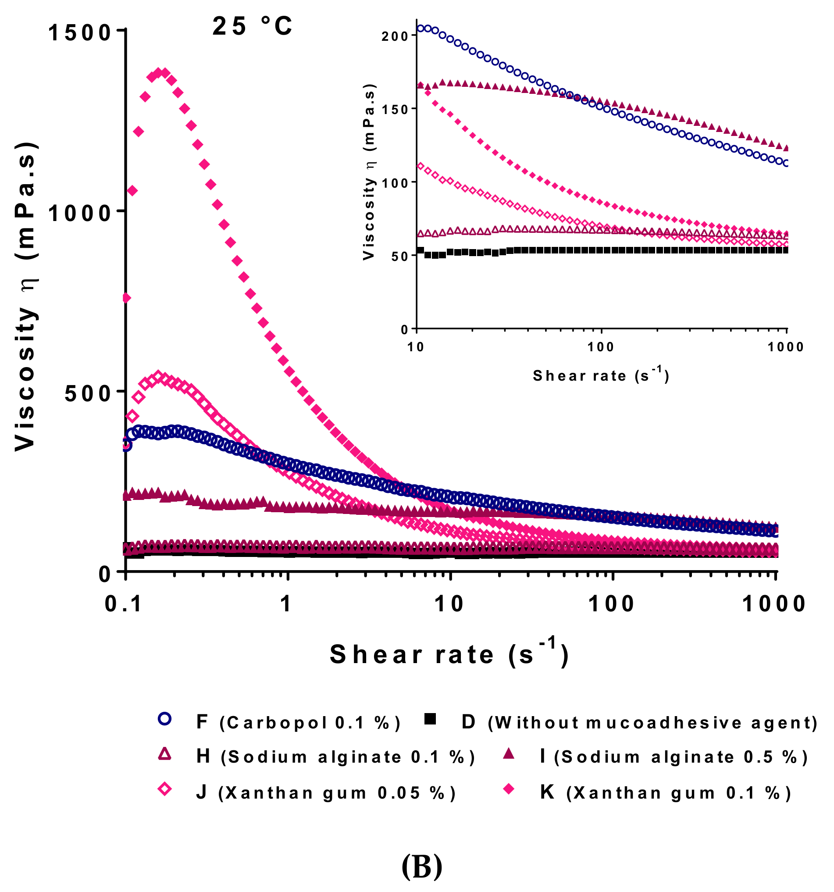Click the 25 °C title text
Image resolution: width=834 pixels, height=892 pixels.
(252, 26)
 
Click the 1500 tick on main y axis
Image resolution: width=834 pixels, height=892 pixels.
(79, 33)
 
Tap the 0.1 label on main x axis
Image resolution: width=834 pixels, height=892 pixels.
(123, 604)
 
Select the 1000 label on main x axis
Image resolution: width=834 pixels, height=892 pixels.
(774, 604)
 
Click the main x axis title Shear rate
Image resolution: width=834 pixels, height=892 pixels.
(449, 654)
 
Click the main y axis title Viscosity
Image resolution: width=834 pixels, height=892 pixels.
(25, 296)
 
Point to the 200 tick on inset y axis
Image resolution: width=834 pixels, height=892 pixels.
(394, 36)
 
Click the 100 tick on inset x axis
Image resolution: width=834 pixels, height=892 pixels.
(601, 347)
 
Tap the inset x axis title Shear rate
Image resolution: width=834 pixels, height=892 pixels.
(600, 375)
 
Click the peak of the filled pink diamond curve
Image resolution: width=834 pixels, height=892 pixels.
(160, 73)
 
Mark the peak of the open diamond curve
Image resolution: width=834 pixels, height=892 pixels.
(158, 376)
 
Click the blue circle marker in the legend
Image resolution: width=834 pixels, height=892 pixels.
(164, 718)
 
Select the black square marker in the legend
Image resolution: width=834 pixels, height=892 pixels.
(430, 718)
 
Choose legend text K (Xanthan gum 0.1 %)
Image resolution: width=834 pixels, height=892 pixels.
(665, 793)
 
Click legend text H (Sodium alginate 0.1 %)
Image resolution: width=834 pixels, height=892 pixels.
(335, 756)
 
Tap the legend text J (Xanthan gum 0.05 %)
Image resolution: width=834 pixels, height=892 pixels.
(326, 793)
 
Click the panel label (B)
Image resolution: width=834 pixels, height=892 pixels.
(421, 866)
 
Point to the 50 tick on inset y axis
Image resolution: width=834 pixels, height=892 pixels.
(397, 256)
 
